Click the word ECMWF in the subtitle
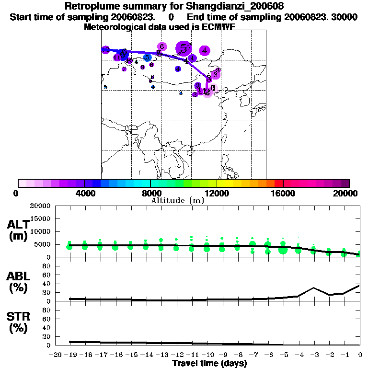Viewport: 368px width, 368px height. tap(218, 27)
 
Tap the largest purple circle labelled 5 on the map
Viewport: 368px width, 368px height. tap(184, 48)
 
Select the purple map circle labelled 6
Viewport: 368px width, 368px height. tap(162, 46)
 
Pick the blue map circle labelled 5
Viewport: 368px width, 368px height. tap(147, 57)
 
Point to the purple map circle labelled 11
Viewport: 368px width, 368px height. tap(116, 57)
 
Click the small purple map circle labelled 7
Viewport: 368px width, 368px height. tap(129, 61)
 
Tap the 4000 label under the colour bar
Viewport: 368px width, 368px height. tap(84, 193)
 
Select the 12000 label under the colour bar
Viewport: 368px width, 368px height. tap(217, 193)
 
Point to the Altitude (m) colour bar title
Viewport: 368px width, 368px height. tap(178, 200)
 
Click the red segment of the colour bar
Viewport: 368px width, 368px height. tap(278, 183)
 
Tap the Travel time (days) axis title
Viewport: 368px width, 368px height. tap(209, 363)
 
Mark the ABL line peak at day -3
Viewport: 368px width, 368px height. tap(313, 288)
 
